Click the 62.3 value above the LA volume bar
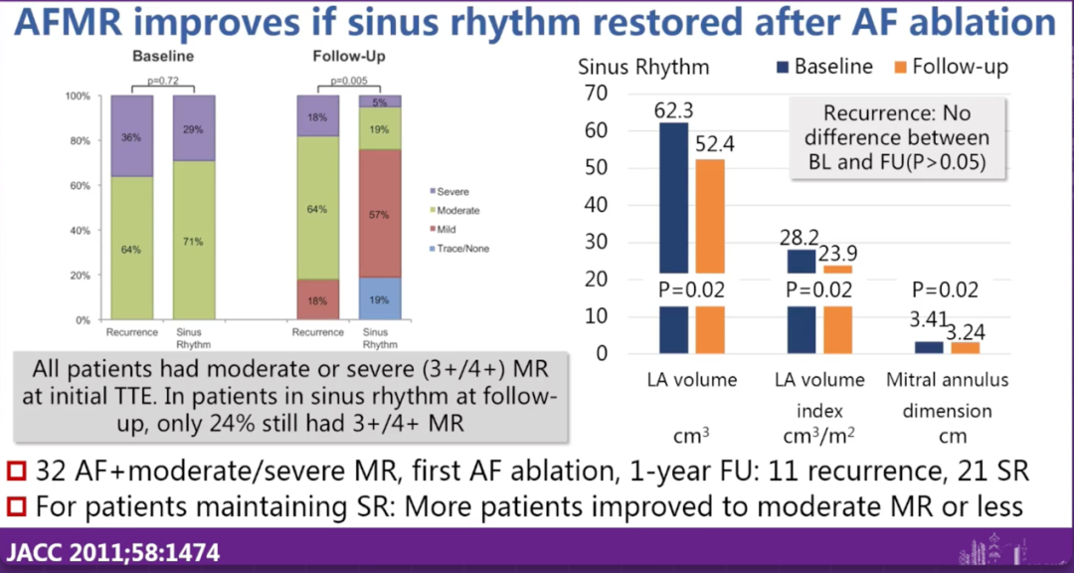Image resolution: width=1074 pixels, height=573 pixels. click(x=674, y=108)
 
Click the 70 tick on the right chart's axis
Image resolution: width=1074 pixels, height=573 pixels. click(x=597, y=94)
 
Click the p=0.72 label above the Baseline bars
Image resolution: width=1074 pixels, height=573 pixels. click(x=163, y=79)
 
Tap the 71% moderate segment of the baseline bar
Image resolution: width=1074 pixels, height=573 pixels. click(x=194, y=241)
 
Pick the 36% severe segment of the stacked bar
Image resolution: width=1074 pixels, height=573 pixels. click(x=132, y=137)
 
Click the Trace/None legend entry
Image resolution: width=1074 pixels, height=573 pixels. click(x=462, y=248)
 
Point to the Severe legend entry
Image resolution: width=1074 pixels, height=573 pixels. click(x=452, y=191)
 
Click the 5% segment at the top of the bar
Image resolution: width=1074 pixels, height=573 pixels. click(x=381, y=101)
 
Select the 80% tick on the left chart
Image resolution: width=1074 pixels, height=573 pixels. click(x=78, y=141)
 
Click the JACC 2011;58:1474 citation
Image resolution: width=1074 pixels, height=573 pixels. click(x=113, y=552)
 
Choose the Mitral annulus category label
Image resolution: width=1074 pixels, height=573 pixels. click(x=948, y=380)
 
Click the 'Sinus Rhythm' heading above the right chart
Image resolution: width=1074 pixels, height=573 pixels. click(x=643, y=67)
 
